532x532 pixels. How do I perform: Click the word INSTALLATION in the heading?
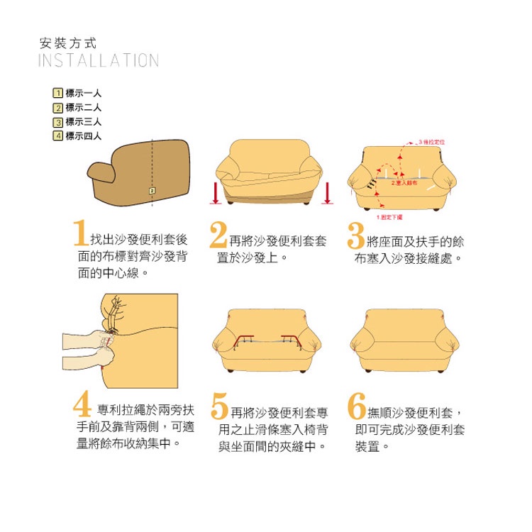coord(98,60)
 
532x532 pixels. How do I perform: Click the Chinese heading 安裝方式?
coord(67,43)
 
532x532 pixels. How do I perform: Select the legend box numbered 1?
coord(58,93)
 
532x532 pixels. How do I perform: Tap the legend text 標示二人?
coord(84,107)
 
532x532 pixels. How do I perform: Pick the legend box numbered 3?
coord(58,122)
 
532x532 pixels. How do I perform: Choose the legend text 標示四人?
coord(84,136)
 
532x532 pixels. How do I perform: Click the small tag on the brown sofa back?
coord(152,191)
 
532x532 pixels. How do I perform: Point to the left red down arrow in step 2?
coord(216,193)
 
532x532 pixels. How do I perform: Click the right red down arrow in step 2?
coord(327,193)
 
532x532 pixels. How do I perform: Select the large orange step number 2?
coord(218,235)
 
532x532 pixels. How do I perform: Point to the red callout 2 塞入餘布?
coord(404,183)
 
